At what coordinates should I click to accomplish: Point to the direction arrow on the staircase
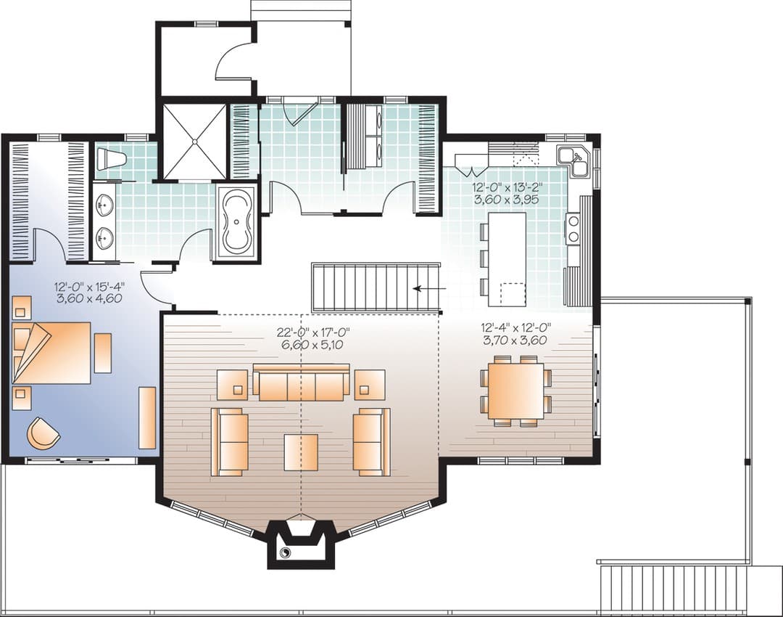[425, 288]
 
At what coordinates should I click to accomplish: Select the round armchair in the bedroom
[43, 433]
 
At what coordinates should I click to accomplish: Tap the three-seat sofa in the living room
[301, 382]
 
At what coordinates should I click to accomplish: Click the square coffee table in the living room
[301, 452]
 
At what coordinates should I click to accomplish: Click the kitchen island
[507, 259]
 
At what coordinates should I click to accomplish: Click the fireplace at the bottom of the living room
[301, 544]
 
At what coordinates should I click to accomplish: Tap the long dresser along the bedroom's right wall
[147, 417]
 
